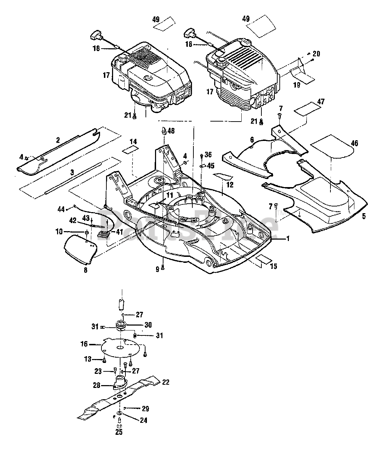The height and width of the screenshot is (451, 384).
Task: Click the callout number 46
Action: pyautogui.click(x=354, y=143)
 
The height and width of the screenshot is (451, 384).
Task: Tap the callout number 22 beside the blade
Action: pyautogui.click(x=166, y=382)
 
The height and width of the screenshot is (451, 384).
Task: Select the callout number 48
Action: pyautogui.click(x=171, y=131)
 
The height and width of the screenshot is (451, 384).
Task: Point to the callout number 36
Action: pyautogui.click(x=208, y=154)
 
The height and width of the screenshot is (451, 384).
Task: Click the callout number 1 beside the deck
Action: pyautogui.click(x=288, y=239)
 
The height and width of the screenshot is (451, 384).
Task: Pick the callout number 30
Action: pyautogui.click(x=148, y=325)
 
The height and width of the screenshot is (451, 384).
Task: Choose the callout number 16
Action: pyautogui.click(x=84, y=344)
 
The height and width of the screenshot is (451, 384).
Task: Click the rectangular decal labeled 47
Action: pyautogui.click(x=308, y=108)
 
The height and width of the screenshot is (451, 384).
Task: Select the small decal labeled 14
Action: pyautogui.click(x=130, y=150)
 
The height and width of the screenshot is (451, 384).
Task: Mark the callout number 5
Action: pyautogui.click(x=364, y=216)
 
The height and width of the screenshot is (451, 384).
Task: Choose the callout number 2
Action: pyautogui.click(x=58, y=140)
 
